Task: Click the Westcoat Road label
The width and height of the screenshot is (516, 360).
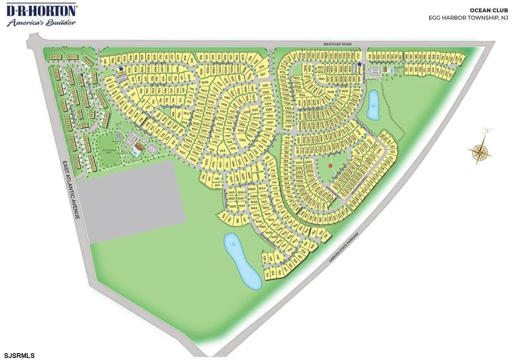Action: [338, 44]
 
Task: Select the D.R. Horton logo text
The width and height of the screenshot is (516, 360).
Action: [41, 10]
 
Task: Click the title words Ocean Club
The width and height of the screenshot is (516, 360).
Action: [494, 11]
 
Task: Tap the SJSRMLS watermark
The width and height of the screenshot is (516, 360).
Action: [20, 355]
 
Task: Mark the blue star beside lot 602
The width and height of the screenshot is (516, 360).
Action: [121, 69]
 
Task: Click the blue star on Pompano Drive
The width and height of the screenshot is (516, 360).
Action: [359, 64]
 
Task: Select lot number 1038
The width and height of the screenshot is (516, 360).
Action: [205, 82]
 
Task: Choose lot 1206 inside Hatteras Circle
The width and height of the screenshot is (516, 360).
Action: [242, 140]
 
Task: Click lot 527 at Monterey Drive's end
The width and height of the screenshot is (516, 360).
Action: [263, 74]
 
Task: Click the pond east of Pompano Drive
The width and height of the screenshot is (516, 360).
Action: [373, 105]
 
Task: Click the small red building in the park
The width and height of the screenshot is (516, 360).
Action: [330, 165]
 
